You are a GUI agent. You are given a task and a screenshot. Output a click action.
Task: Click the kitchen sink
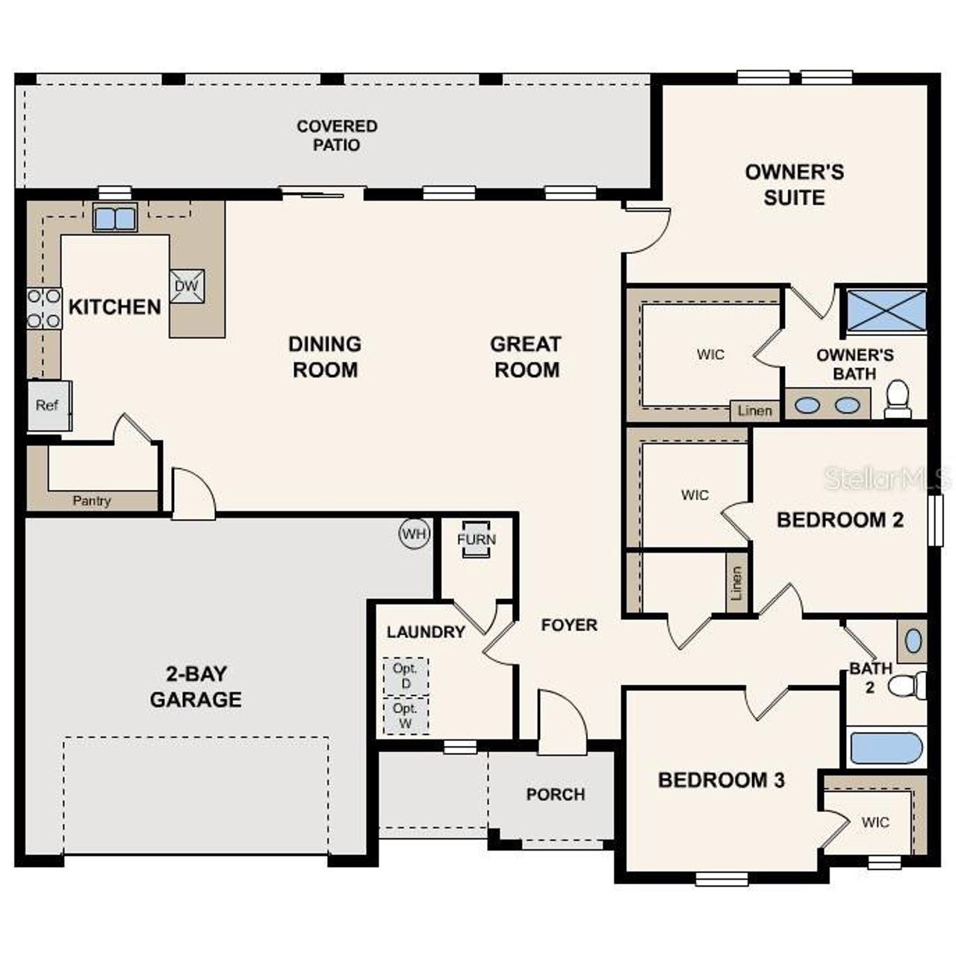(x=115, y=218)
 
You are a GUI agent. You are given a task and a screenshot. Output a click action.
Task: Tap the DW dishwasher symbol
(x=186, y=286)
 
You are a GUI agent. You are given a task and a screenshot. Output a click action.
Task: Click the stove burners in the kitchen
(x=44, y=308)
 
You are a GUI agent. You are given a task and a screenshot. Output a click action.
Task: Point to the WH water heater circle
(x=415, y=533)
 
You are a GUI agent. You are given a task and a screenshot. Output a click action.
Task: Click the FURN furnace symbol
(x=476, y=539)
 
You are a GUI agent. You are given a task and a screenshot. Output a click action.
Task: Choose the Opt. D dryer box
(x=406, y=676)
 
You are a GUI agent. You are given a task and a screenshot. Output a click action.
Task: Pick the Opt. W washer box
(x=406, y=715)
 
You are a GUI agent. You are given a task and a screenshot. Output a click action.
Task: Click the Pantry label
(x=92, y=501)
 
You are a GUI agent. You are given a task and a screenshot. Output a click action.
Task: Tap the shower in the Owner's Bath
(x=885, y=311)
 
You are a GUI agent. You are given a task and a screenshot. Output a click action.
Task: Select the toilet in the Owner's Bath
(x=897, y=400)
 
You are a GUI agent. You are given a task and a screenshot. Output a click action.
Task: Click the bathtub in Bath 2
(x=887, y=748)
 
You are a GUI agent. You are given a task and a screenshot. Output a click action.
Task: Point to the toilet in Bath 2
(x=910, y=686)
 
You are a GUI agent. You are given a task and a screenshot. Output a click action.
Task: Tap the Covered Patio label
(x=337, y=135)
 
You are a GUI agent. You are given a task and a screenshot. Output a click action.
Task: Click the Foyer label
(x=569, y=625)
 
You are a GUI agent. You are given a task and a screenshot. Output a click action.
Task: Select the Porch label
(x=555, y=795)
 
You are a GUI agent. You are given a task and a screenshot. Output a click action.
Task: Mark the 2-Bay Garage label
(x=196, y=686)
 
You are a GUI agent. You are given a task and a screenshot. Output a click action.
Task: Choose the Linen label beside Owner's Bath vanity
(x=754, y=411)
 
